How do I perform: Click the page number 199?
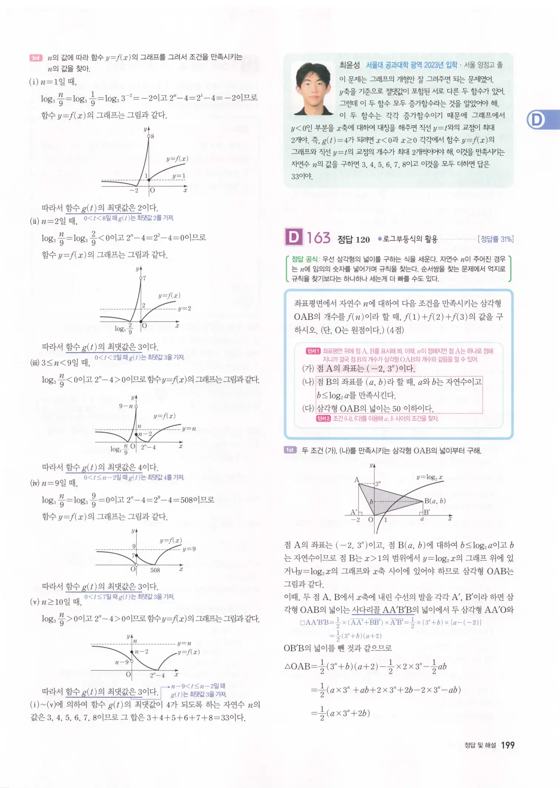click(507, 745)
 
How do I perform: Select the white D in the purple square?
click(294, 237)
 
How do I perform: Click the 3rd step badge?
click(36, 58)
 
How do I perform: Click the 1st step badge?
click(290, 450)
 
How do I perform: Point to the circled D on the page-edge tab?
click(536, 120)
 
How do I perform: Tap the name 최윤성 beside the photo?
click(349, 65)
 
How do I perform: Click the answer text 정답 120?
click(354, 240)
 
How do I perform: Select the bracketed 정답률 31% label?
click(496, 239)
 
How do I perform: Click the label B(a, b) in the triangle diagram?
click(435, 501)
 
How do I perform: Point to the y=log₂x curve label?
click(429, 477)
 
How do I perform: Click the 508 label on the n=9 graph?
click(155, 570)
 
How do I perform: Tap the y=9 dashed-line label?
click(189, 549)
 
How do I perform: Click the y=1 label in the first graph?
click(179, 176)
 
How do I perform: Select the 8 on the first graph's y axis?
click(152, 136)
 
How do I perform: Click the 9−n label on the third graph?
click(126, 406)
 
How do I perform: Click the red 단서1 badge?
click(313, 351)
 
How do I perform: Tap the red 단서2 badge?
click(323, 418)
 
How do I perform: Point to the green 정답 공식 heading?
click(304, 259)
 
